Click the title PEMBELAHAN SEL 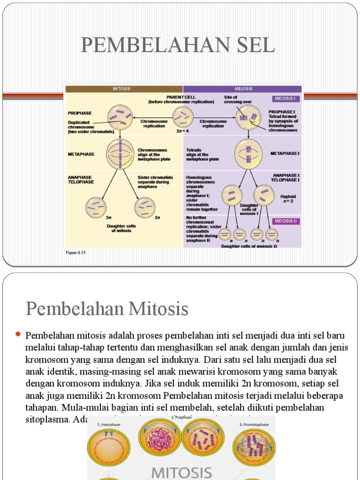pyautogui.click(x=178, y=45)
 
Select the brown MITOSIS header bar pyautogui.click(x=123, y=89)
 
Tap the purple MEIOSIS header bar pyautogui.click(x=242, y=89)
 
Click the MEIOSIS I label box pyautogui.click(x=285, y=99)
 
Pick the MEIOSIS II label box pyautogui.click(x=285, y=221)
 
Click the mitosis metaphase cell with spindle pyautogui.click(x=120, y=154)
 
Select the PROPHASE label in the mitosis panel pyautogui.click(x=80, y=113)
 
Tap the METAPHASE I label pyautogui.click(x=285, y=153)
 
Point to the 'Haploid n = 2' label pyautogui.click(x=289, y=200)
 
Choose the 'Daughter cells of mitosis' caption pyautogui.click(x=121, y=228)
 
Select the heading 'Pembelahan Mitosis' pyautogui.click(x=107, y=309)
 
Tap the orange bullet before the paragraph pyautogui.click(x=19, y=334)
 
